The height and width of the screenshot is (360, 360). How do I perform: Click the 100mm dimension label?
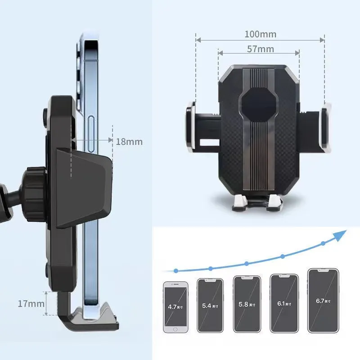260,34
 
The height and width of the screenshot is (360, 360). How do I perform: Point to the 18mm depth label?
129,141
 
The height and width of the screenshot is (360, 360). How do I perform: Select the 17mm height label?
31,303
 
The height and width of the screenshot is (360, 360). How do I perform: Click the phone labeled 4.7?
175,307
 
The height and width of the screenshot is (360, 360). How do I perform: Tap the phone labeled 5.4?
210,305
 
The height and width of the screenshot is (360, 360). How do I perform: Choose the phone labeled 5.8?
247,304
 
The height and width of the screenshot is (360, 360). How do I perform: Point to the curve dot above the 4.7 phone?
176,271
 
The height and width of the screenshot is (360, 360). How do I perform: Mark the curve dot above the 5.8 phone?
247,264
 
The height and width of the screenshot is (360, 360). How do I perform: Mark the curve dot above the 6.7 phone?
323,243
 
